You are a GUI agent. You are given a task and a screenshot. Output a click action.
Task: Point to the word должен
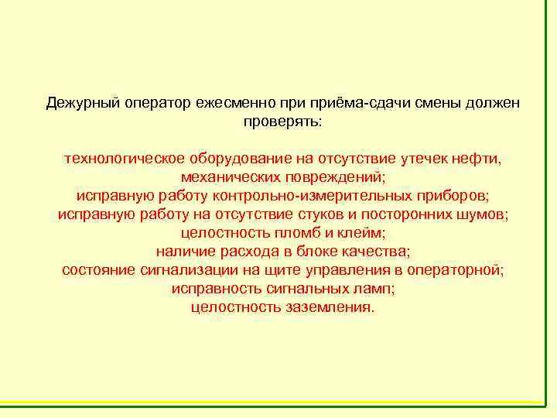click(494, 103)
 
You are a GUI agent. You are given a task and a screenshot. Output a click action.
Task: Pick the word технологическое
click(124, 159)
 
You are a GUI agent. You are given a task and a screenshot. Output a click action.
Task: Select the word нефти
click(480, 159)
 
